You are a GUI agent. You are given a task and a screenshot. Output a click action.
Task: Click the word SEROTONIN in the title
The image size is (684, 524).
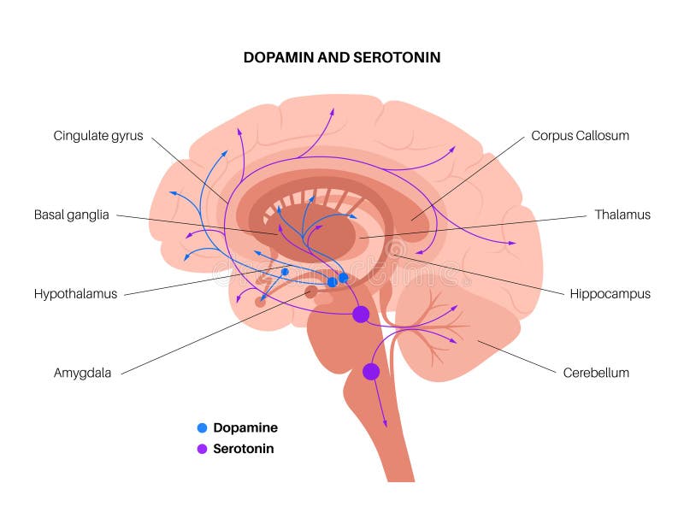pyautogui.click(x=397, y=57)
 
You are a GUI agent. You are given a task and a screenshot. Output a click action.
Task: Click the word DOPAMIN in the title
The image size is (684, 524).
pyautogui.click(x=279, y=57)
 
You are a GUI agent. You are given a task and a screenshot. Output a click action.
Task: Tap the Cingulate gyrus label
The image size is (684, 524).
pyautogui.click(x=98, y=136)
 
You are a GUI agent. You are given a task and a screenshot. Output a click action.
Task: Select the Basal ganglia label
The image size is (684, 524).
pyautogui.click(x=72, y=215)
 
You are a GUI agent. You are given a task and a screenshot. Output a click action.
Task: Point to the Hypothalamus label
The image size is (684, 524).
pyautogui.click(x=75, y=294)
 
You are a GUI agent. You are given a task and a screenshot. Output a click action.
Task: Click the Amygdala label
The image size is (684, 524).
pyautogui.click(x=82, y=373)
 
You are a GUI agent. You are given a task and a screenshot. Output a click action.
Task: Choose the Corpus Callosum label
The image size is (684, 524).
pyautogui.click(x=581, y=136)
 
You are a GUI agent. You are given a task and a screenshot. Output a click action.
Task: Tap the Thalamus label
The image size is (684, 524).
pyautogui.click(x=622, y=215)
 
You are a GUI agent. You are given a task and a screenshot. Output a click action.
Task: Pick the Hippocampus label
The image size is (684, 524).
pyautogui.click(x=610, y=294)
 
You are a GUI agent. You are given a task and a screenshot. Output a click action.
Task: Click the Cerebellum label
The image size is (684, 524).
pyautogui.click(x=596, y=373)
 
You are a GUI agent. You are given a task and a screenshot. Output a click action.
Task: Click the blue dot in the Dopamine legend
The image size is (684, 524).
pyautogui.click(x=202, y=427)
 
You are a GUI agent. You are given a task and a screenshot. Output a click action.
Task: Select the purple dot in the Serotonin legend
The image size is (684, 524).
pyautogui.click(x=202, y=449)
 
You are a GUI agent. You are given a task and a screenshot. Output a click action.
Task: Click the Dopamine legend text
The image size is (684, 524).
pyautogui.click(x=245, y=427)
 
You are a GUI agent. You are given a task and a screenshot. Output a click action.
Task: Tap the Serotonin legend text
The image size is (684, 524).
pyautogui.click(x=244, y=449)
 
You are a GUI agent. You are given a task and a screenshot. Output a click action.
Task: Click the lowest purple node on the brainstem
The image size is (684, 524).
pyautogui.click(x=371, y=372)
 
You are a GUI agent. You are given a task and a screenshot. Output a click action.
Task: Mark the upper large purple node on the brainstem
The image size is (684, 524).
pyautogui.click(x=361, y=314)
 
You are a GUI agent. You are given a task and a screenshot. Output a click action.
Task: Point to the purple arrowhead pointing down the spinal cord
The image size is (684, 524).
pyautogui.click(x=385, y=423)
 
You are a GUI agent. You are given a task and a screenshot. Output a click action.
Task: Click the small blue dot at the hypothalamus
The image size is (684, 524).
pyautogui.click(x=285, y=272)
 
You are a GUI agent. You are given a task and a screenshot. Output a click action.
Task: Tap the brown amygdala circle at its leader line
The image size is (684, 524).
pyautogui.click(x=311, y=291)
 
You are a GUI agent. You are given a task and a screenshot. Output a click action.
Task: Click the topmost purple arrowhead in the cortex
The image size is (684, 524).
pyautogui.click(x=333, y=111)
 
